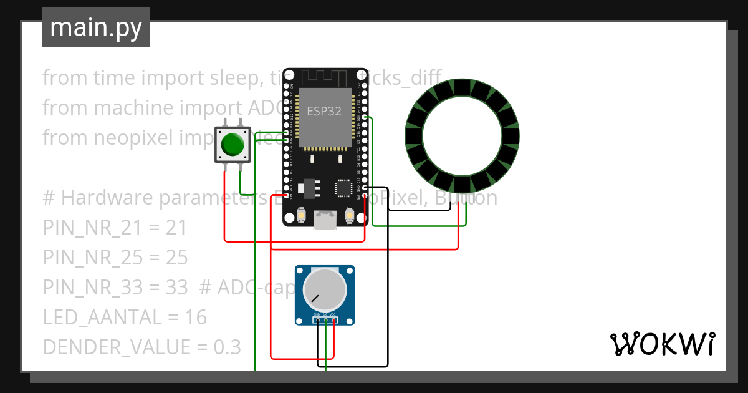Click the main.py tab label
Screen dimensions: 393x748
pos(96,27)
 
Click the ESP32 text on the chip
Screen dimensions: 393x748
pos(324,111)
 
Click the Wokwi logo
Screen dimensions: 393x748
pos(662,344)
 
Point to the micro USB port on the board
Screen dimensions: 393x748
pos(325,220)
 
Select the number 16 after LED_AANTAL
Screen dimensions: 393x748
pos(196,318)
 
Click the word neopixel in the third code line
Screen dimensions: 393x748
pos(130,137)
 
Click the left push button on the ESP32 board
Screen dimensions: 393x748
pos(301,215)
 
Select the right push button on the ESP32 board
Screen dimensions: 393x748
pos(349,215)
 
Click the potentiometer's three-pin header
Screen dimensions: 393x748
pos(325,321)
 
